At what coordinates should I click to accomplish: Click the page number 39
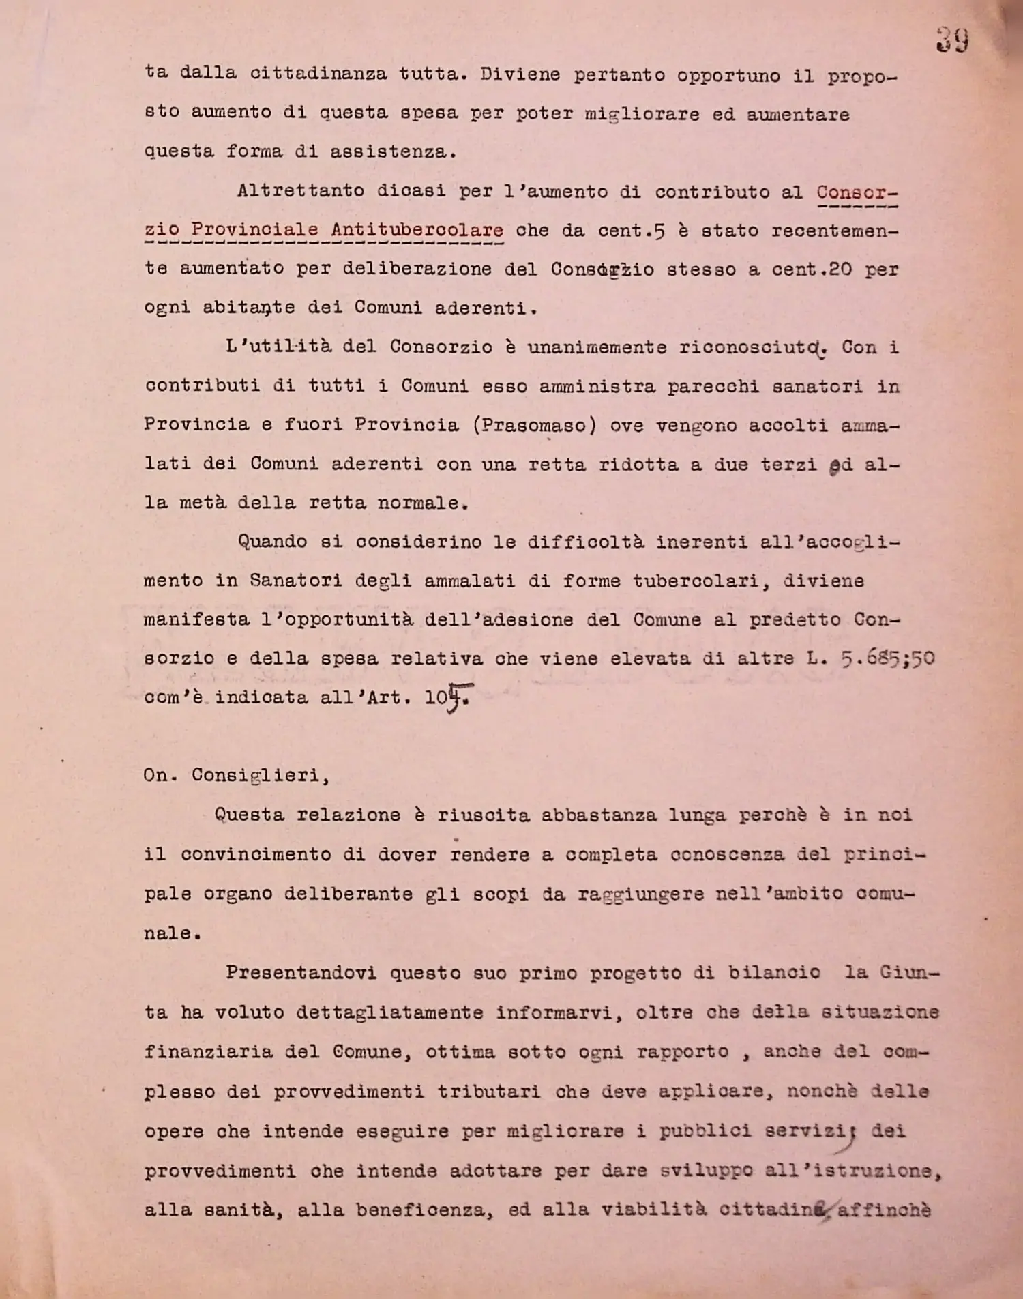point(952,40)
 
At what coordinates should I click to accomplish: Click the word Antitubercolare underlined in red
point(417,230)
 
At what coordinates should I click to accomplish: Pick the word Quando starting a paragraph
point(273,542)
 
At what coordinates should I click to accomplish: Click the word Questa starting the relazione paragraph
point(249,815)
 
